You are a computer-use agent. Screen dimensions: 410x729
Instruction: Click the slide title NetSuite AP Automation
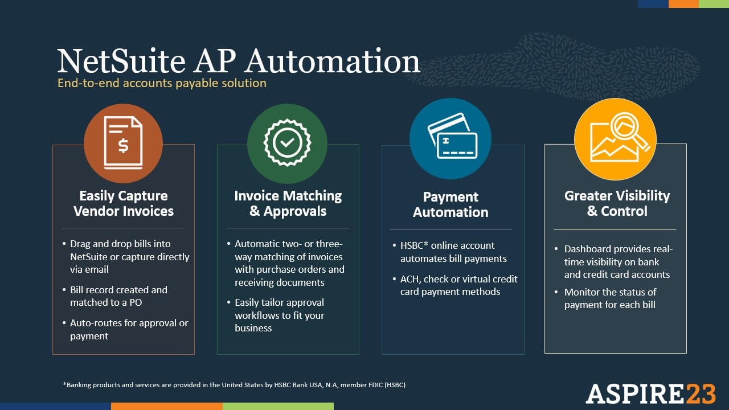tap(239, 61)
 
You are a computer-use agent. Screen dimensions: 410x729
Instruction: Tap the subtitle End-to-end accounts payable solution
tap(162, 83)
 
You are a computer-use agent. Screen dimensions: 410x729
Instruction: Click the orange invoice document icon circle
tap(123, 143)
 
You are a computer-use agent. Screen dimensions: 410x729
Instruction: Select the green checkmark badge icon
tap(287, 143)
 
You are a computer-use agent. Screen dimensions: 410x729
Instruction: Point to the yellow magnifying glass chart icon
tap(615, 138)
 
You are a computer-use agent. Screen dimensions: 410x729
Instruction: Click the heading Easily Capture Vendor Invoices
tap(123, 203)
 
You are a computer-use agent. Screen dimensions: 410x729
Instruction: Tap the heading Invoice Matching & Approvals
tap(288, 203)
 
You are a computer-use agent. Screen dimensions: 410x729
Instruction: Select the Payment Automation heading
tap(450, 204)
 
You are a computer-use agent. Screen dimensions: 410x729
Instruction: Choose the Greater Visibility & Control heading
tap(617, 203)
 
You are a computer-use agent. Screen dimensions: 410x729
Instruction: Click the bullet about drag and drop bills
tap(129, 256)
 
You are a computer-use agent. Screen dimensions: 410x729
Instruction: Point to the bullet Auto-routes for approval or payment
tap(129, 329)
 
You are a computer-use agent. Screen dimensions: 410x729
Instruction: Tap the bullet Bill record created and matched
tap(118, 296)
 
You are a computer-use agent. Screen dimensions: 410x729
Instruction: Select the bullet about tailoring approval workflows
tap(279, 315)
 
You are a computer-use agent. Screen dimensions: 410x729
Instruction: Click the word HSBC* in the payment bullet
tap(415, 245)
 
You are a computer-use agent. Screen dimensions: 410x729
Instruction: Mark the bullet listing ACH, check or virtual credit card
tap(458, 285)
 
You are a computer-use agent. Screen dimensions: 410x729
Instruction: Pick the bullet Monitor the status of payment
tap(610, 298)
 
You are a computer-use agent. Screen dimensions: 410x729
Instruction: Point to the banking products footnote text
tap(234, 385)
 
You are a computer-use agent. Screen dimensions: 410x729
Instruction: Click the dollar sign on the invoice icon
tap(123, 146)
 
